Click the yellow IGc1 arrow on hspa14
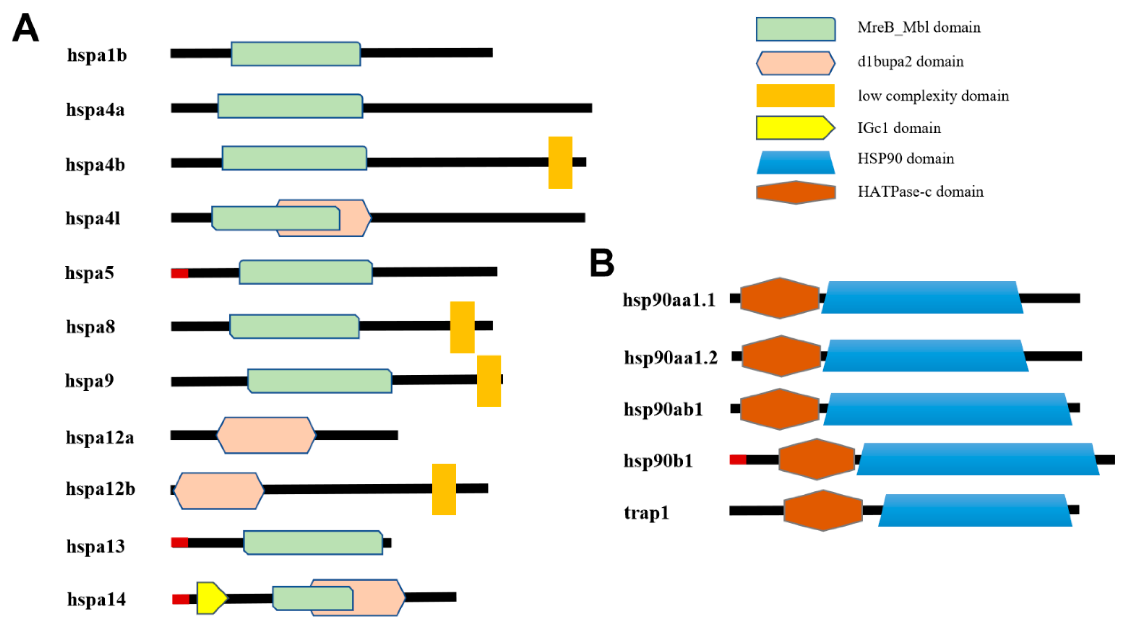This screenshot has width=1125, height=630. (211, 598)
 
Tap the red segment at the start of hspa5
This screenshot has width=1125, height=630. (179, 273)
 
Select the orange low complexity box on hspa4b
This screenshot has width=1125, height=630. (560, 163)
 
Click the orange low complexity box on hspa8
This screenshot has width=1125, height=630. (462, 327)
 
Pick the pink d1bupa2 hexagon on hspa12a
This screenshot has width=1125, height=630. (266, 435)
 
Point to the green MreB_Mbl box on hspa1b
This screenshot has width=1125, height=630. (296, 54)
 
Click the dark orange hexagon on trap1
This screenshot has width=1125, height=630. (823, 510)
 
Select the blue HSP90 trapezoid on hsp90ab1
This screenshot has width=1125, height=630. (948, 409)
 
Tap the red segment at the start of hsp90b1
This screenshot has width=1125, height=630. (738, 459)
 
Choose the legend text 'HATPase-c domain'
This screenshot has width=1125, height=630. (920, 192)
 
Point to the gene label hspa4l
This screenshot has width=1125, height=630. (93, 218)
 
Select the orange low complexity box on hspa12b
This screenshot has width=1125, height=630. (444, 489)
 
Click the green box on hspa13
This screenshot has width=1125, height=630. (313, 543)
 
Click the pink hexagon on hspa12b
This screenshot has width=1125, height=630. (218, 491)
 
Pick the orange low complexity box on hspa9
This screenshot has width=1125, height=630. (489, 381)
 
